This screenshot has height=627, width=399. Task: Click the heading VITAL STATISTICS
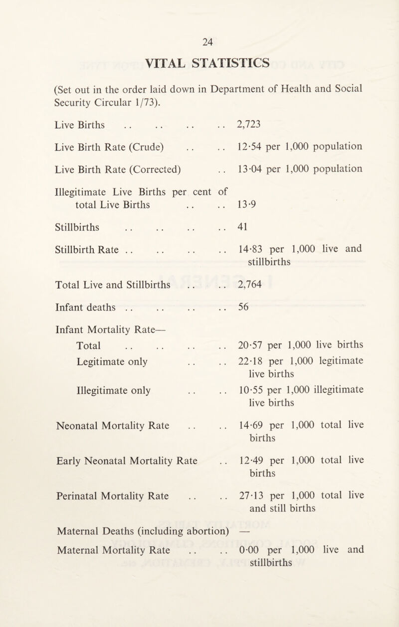[x=199, y=63]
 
